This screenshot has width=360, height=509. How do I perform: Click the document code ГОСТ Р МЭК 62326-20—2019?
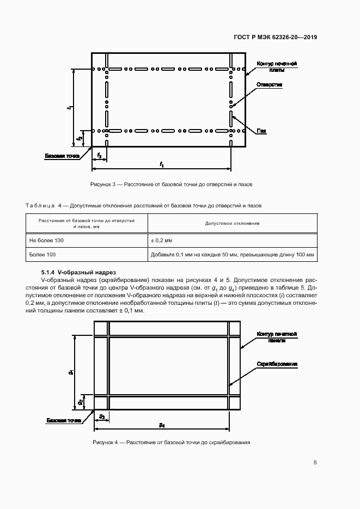pyautogui.click(x=275, y=37)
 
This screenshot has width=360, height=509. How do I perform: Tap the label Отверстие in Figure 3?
pyautogui.click(x=270, y=85)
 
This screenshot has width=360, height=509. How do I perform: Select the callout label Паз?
pyautogui.click(x=261, y=131)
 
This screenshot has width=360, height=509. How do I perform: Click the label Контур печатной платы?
pyautogui.click(x=277, y=67)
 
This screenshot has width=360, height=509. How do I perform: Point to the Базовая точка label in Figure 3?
pyautogui.click(x=62, y=156)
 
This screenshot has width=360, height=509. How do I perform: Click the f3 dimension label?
pyautogui.click(x=99, y=156)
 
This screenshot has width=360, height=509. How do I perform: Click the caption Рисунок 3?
pyautogui.click(x=171, y=185)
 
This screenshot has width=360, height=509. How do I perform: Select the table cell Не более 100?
pyautogui.click(x=46, y=241)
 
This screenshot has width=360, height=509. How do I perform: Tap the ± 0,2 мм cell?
pyautogui.click(x=161, y=241)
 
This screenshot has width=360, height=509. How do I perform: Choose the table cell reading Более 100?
pyautogui.click(x=42, y=255)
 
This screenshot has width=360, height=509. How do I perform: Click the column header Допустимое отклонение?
pyautogui.click(x=232, y=223)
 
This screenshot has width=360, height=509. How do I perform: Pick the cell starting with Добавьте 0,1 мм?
pyautogui.click(x=233, y=255)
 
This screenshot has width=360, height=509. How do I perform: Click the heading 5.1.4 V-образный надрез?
pyautogui.click(x=78, y=272)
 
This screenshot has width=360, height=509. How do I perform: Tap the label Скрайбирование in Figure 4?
pyautogui.click(x=277, y=364)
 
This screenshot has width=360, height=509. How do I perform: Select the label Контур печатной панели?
pyautogui.click(x=277, y=337)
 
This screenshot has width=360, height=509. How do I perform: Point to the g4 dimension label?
pyautogui.click(x=162, y=425)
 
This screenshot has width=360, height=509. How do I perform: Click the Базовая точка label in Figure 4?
pyautogui.click(x=64, y=421)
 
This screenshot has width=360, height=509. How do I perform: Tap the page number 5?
pyautogui.click(x=315, y=463)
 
